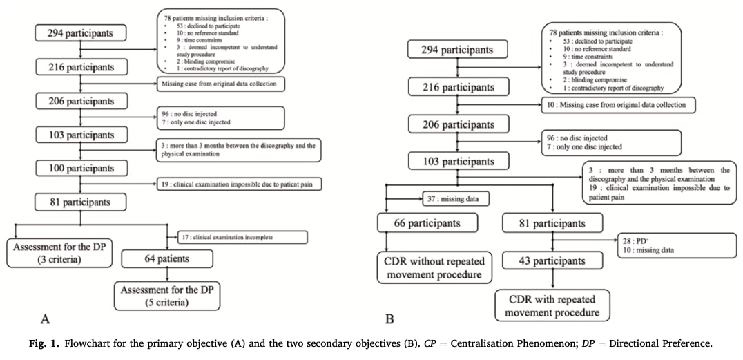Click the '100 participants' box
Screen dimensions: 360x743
click(81, 169)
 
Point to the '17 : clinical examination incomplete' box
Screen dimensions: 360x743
click(241, 237)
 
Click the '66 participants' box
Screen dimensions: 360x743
click(418, 223)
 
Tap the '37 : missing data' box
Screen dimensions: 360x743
click(456, 199)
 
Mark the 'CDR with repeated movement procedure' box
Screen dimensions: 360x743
click(552, 305)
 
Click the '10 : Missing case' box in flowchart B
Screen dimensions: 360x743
click(617, 105)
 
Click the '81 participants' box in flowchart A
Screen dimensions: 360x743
click(81, 202)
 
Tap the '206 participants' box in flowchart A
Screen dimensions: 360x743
click(81, 101)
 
